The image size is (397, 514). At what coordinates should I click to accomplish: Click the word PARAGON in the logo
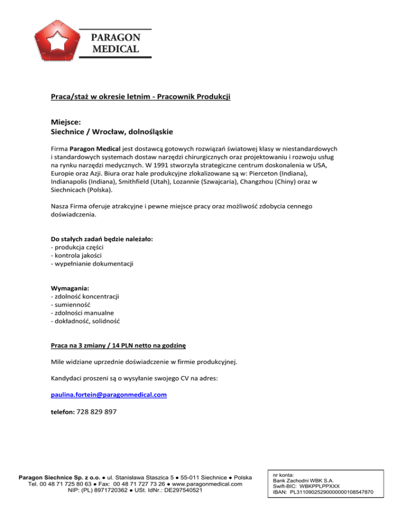[x=115, y=38]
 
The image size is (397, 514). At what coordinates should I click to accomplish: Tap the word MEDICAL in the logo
[x=115, y=49]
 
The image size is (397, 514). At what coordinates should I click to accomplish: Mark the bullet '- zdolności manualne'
[x=82, y=313]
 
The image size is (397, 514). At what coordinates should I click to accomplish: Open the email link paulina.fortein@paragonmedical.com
[x=109, y=395]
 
